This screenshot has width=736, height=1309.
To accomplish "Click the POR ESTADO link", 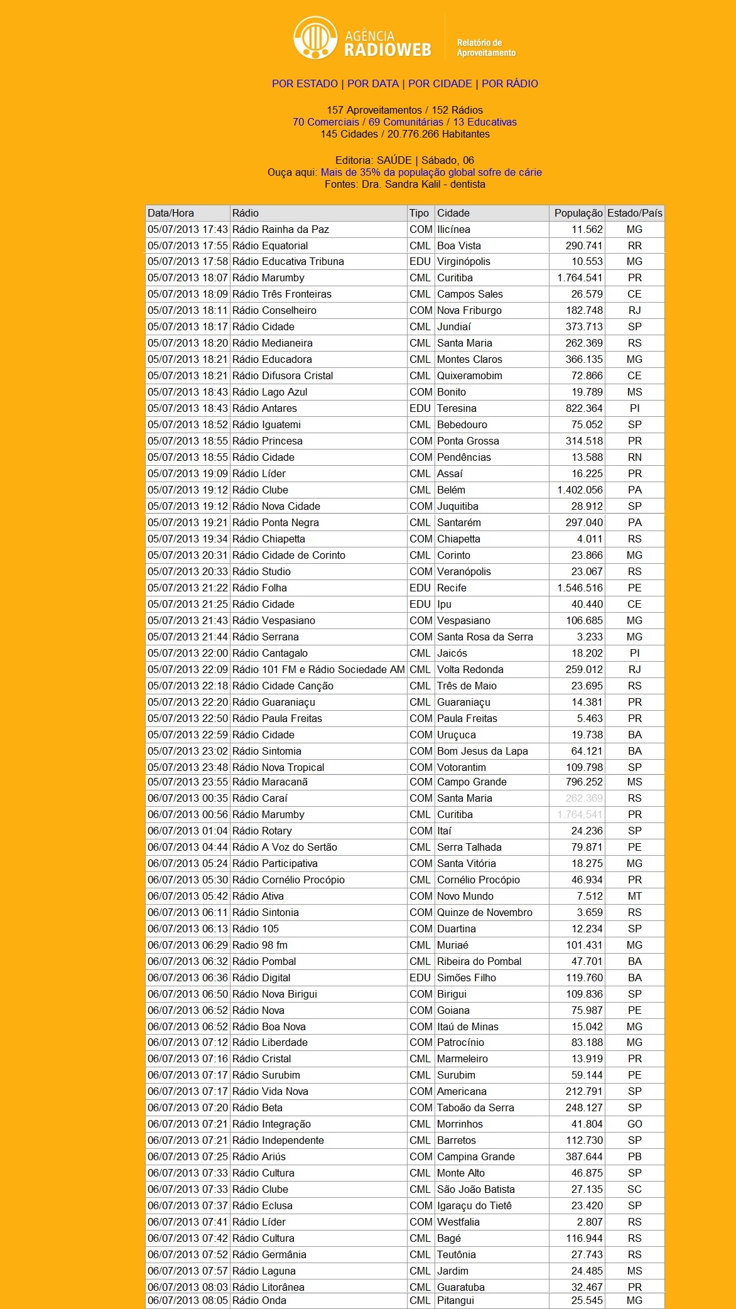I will (x=305, y=83).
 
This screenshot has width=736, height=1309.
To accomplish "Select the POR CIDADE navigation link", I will (x=440, y=83).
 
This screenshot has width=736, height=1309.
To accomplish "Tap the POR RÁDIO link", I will (x=509, y=83).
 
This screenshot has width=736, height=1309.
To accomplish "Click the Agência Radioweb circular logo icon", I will (x=315, y=38).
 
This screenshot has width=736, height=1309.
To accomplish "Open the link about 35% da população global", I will (x=431, y=172).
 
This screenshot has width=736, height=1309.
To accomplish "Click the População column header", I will (x=578, y=213).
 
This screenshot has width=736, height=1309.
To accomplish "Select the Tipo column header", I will (x=419, y=213).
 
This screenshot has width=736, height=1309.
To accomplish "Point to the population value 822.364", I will (x=583, y=409).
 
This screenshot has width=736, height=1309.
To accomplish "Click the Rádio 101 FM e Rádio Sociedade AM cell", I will (x=318, y=670).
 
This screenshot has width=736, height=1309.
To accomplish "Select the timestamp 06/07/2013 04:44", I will (x=187, y=848).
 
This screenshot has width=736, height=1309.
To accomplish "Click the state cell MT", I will (x=634, y=897).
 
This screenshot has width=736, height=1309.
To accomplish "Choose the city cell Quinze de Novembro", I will (x=484, y=913).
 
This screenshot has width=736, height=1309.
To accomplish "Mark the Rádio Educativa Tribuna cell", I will (x=288, y=262).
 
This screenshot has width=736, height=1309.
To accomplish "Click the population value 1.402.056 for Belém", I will (x=579, y=490).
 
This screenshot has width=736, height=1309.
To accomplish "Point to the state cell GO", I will (x=634, y=1124).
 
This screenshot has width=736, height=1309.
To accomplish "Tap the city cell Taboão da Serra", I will (x=475, y=1108).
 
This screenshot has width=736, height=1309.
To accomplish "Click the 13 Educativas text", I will (x=485, y=122).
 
